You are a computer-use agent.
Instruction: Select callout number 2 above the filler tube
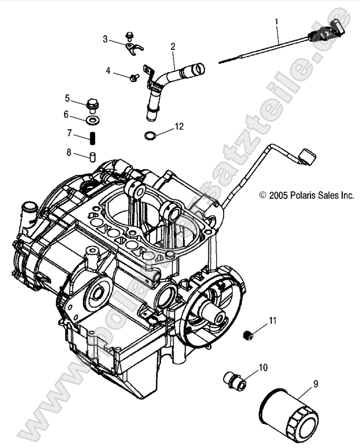(x=172, y=47)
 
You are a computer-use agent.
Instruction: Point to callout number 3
(x=106, y=39)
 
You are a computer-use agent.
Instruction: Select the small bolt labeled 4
(x=134, y=77)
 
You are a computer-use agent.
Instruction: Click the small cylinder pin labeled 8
(x=92, y=157)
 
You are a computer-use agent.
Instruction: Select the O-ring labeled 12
(x=150, y=136)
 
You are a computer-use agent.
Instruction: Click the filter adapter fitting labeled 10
(x=233, y=380)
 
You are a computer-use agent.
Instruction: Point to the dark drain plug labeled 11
(x=249, y=335)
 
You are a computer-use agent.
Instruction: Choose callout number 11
(x=273, y=320)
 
